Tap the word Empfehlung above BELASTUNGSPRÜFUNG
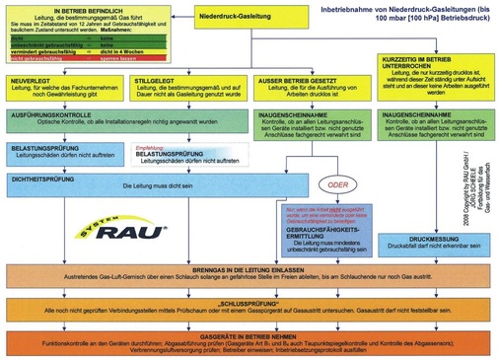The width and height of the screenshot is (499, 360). click(x=148, y=174)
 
